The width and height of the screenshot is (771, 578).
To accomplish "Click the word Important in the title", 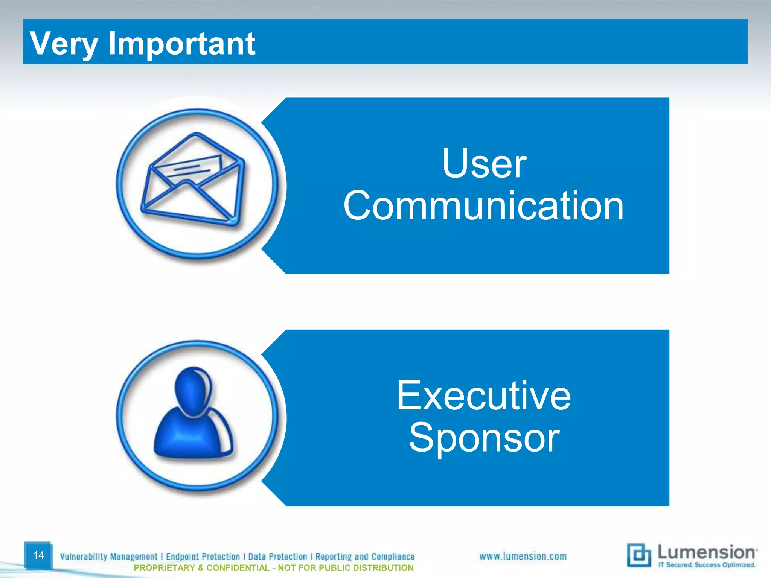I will point(181,44).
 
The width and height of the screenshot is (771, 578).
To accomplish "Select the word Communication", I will point(483,206).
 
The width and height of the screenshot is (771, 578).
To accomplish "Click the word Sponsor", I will point(484,438).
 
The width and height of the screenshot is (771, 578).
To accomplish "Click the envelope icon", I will point(193,181).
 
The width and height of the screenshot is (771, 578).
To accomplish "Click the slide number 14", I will point(38,555).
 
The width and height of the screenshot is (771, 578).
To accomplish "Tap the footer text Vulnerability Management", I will point(108,557).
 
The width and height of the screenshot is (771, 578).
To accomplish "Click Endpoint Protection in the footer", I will point(203,557).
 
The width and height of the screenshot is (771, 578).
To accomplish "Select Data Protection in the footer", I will point(277,557).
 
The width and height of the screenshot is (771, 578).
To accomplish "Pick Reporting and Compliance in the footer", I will point(365,557).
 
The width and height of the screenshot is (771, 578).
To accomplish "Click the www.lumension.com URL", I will point(523,556).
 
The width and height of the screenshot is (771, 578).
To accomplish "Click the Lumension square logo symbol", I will point(638,555).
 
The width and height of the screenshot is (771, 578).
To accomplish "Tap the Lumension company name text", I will point(706,552).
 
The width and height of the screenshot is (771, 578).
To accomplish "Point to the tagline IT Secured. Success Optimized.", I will point(706,565).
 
